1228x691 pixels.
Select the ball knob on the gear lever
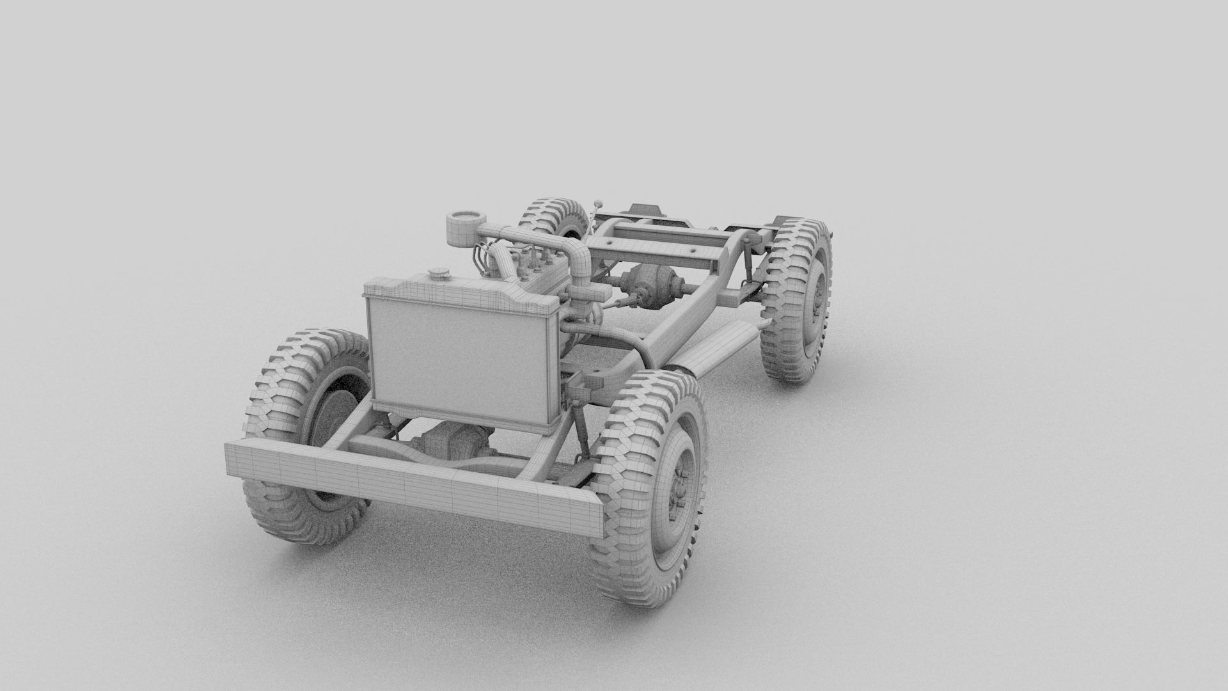[x=599, y=204]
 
